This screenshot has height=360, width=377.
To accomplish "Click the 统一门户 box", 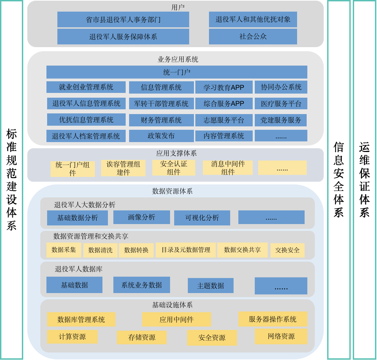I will coord(177,72).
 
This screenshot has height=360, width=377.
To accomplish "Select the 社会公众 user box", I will coord(253,37).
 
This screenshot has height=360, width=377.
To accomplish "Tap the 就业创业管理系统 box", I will coord(86,87).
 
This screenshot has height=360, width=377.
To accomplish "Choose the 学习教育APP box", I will coord(224,87).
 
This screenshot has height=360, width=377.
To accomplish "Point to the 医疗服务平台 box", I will coord(281,104).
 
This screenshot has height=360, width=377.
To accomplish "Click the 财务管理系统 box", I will coord(161,120).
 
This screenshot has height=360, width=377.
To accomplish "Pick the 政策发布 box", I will coord(161,136).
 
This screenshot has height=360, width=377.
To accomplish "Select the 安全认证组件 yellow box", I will coord(174,168).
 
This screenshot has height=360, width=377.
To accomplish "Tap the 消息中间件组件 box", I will coord(227,168).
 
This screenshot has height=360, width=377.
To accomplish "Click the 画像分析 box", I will coord(141,217).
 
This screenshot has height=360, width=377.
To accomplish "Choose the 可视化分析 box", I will coord(202,218).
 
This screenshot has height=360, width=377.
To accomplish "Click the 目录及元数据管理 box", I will coord(186,250).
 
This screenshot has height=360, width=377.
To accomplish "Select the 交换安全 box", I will coord(287,250).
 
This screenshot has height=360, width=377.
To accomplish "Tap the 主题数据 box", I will coord(210,286).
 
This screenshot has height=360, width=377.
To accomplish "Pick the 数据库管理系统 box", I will coord(81,319).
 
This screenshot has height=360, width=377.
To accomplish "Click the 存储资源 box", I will coord(142,337).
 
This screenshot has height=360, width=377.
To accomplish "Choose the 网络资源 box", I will coord(281,336).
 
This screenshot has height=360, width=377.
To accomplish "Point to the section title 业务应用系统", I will coord(178,59).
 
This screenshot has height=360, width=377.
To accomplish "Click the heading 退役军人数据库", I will coord(79,269).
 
